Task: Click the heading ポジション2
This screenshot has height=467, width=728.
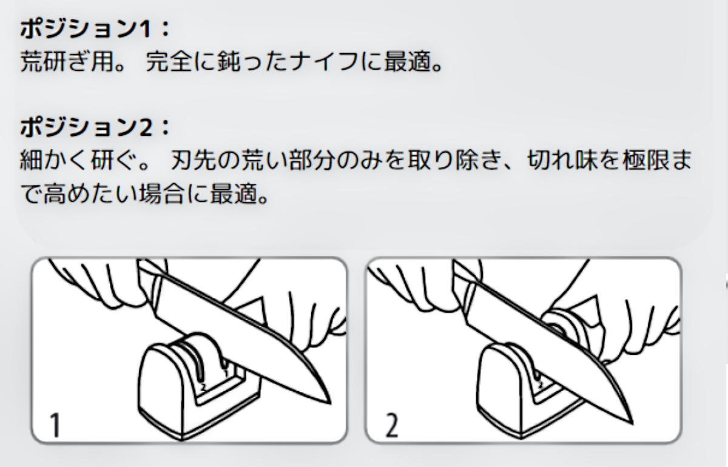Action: coord(86,127)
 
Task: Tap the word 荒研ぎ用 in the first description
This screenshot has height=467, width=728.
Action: coord(67,61)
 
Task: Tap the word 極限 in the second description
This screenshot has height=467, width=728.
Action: coord(646,160)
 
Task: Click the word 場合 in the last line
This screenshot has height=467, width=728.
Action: coord(163,194)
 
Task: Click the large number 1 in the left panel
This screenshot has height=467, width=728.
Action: coord(55,425)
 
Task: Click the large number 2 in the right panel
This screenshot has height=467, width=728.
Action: coord(392,425)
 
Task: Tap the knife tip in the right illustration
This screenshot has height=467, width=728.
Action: coord(632,423)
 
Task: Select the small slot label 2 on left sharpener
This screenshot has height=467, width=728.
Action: coord(203,387)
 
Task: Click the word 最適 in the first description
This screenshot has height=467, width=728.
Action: coord(408,61)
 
